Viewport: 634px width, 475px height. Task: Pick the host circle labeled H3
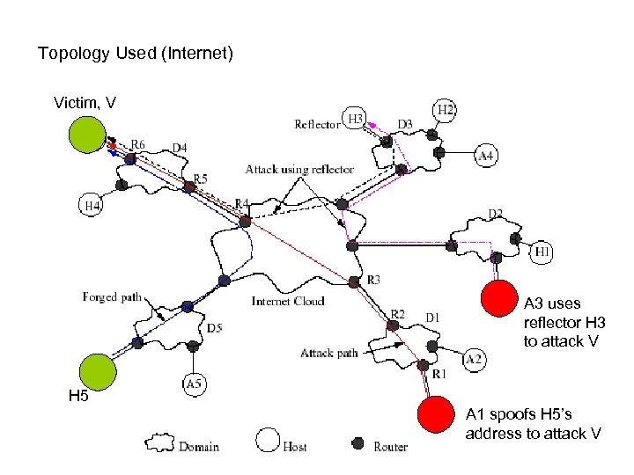(x=356, y=119)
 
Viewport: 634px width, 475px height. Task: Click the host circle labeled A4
(x=487, y=156)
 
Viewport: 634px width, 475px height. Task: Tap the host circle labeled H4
(x=92, y=206)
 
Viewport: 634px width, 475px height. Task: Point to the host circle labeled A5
(x=195, y=384)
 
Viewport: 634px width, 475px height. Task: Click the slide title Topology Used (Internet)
(x=135, y=55)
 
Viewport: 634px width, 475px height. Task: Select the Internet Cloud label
(x=288, y=301)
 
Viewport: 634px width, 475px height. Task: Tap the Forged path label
(x=112, y=297)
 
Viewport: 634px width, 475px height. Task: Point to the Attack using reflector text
(x=299, y=169)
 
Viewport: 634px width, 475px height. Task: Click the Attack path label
(x=328, y=353)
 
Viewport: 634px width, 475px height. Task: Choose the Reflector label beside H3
(x=317, y=124)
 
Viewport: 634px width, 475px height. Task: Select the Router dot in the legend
(x=358, y=442)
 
